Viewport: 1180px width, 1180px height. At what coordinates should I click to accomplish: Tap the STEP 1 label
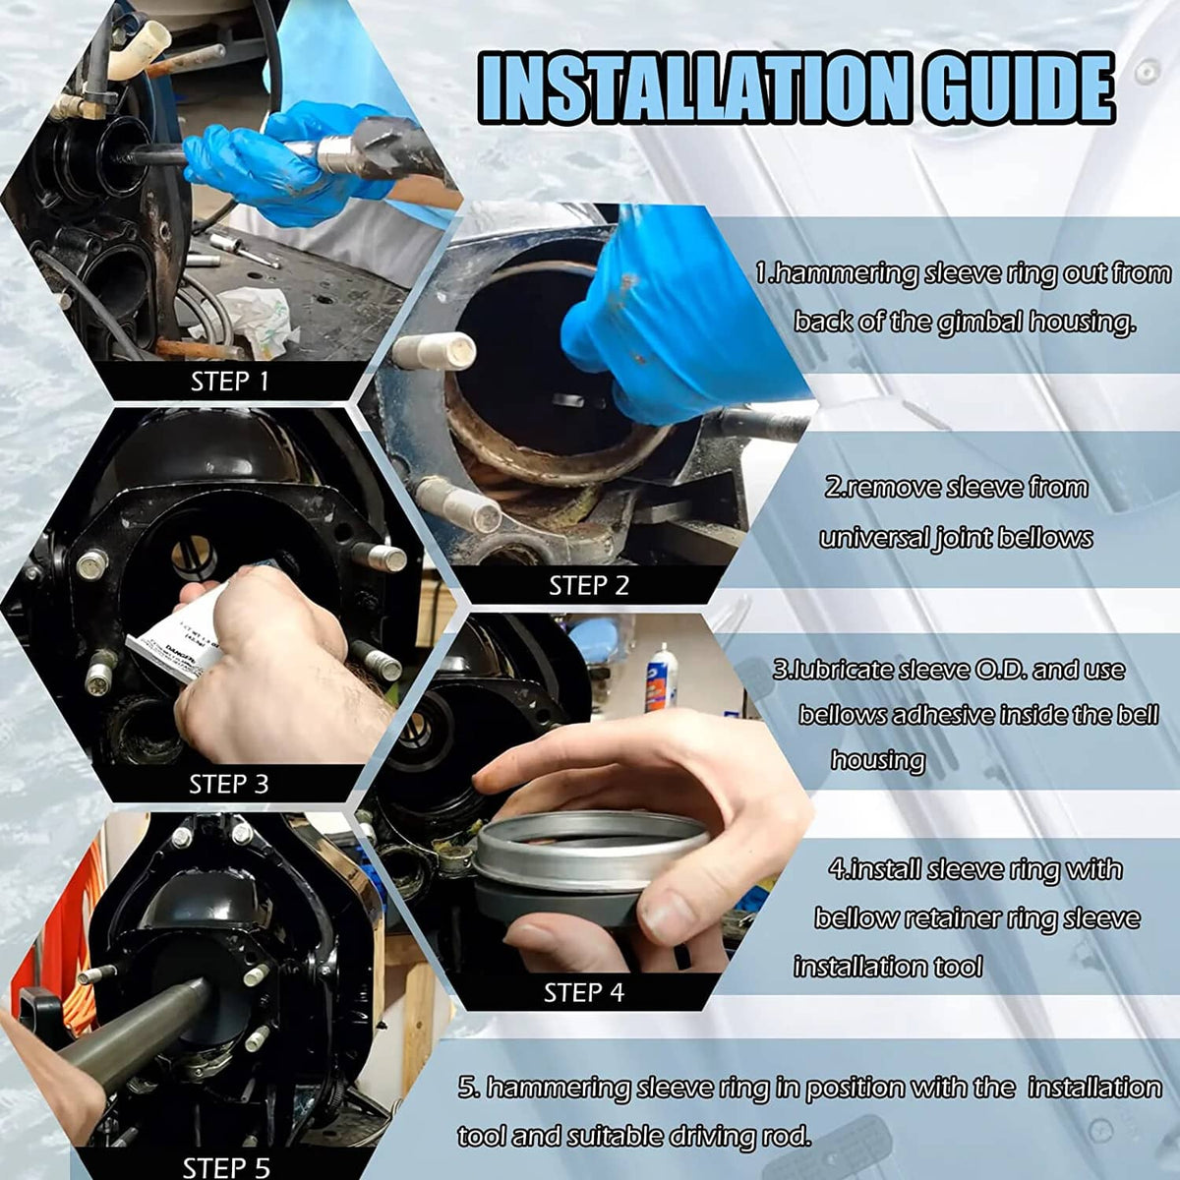(230, 382)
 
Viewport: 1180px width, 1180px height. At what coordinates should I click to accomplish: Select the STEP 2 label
(588, 585)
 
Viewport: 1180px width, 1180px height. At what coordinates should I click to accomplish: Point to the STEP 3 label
(228, 784)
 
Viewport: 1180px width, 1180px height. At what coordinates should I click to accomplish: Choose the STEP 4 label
(583, 992)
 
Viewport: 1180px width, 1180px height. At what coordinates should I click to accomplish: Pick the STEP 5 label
(226, 1167)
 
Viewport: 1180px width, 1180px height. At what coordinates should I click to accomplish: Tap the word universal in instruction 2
(876, 538)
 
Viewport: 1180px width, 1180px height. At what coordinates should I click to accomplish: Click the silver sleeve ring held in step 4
(591, 852)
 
